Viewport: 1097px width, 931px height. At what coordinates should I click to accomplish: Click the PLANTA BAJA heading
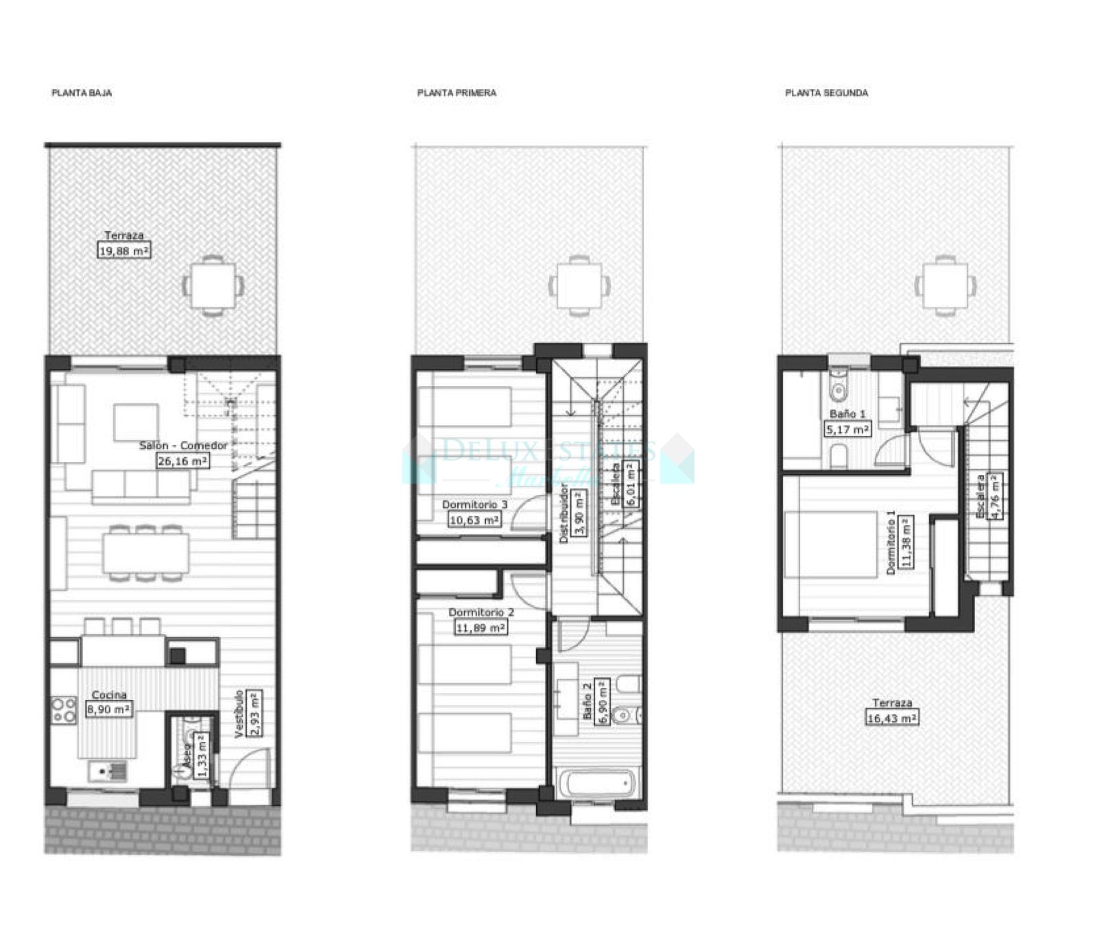click(x=82, y=93)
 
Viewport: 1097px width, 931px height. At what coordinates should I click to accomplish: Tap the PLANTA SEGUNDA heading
click(x=826, y=93)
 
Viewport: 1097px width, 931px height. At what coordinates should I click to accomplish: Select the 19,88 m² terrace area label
click(x=124, y=251)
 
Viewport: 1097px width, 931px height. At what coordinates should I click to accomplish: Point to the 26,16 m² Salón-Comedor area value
click(x=182, y=461)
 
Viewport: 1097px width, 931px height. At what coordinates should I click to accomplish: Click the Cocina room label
click(x=109, y=695)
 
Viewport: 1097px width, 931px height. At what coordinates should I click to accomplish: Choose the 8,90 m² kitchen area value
click(x=109, y=710)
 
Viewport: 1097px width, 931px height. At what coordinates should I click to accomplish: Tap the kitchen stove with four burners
click(x=64, y=710)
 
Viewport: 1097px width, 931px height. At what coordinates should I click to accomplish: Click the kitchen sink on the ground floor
click(x=108, y=772)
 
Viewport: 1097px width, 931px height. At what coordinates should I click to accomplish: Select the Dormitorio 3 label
click(x=474, y=505)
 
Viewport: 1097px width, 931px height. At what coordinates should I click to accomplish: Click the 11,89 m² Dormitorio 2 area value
click(x=481, y=627)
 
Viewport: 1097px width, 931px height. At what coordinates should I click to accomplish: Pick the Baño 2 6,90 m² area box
click(x=603, y=701)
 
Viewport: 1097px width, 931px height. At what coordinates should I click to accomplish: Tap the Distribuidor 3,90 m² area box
click(x=579, y=511)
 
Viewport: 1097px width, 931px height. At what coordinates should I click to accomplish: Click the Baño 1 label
click(x=847, y=414)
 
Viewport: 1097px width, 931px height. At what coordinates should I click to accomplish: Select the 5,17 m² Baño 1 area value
click(x=847, y=430)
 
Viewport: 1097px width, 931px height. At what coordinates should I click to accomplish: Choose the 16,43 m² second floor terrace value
click(x=891, y=718)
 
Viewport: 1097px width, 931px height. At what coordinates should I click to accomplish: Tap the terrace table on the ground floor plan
click(x=213, y=285)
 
